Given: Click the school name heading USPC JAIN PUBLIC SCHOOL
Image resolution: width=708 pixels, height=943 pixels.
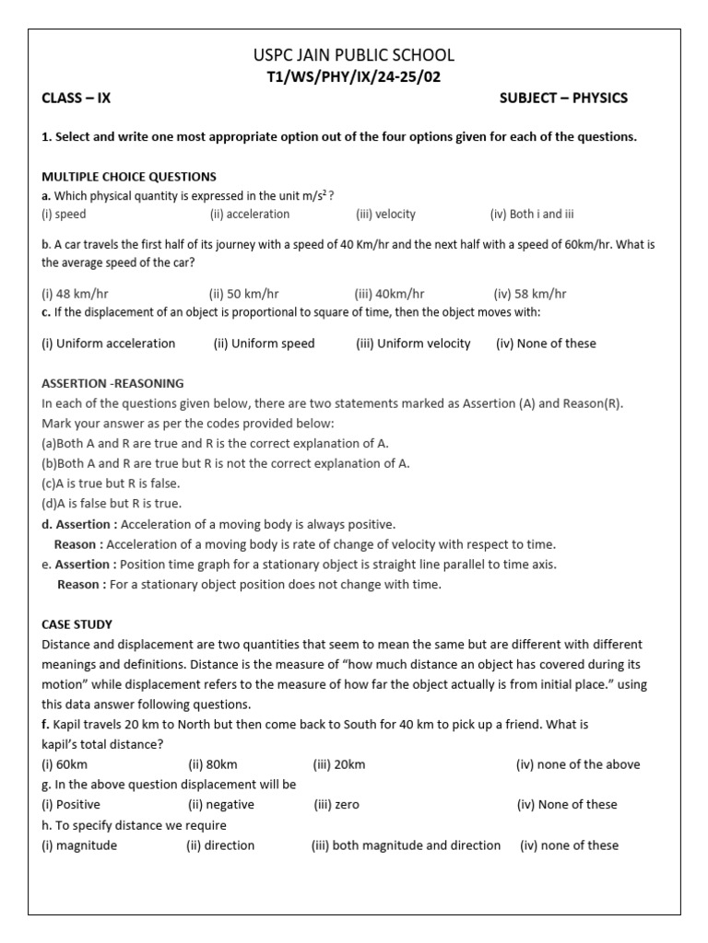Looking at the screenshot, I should tap(354, 55).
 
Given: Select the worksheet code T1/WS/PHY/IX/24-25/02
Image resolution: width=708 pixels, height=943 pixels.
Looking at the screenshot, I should tap(354, 76).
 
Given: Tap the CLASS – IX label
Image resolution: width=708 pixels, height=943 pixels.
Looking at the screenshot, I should tap(77, 99).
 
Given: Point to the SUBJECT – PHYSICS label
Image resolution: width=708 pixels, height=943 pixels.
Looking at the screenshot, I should tap(563, 99).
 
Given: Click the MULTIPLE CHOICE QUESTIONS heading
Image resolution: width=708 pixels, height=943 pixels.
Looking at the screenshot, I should tap(129, 176).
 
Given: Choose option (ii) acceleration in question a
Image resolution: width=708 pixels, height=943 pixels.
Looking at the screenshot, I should tap(249, 214).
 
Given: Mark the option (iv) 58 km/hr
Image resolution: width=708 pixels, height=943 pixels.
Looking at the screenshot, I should tap(530, 294).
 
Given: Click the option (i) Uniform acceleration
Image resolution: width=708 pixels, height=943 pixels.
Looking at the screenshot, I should tap(109, 343).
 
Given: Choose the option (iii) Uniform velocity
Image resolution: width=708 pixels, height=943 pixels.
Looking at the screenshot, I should tap(413, 343).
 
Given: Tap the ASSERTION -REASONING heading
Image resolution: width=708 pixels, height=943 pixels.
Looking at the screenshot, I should tap(112, 383).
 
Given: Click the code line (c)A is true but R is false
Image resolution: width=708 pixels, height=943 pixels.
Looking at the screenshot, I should tap(111, 483).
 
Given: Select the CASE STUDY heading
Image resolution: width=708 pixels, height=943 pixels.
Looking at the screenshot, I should tap(77, 624).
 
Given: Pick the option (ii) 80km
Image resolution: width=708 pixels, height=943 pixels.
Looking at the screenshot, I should tap(213, 764).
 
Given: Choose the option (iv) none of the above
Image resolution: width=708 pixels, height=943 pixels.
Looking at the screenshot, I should tap(577, 764).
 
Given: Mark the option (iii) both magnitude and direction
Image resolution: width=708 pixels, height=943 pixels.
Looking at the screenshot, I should tap(406, 845).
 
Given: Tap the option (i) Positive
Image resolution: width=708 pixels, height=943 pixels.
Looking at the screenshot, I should tap(71, 805).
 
